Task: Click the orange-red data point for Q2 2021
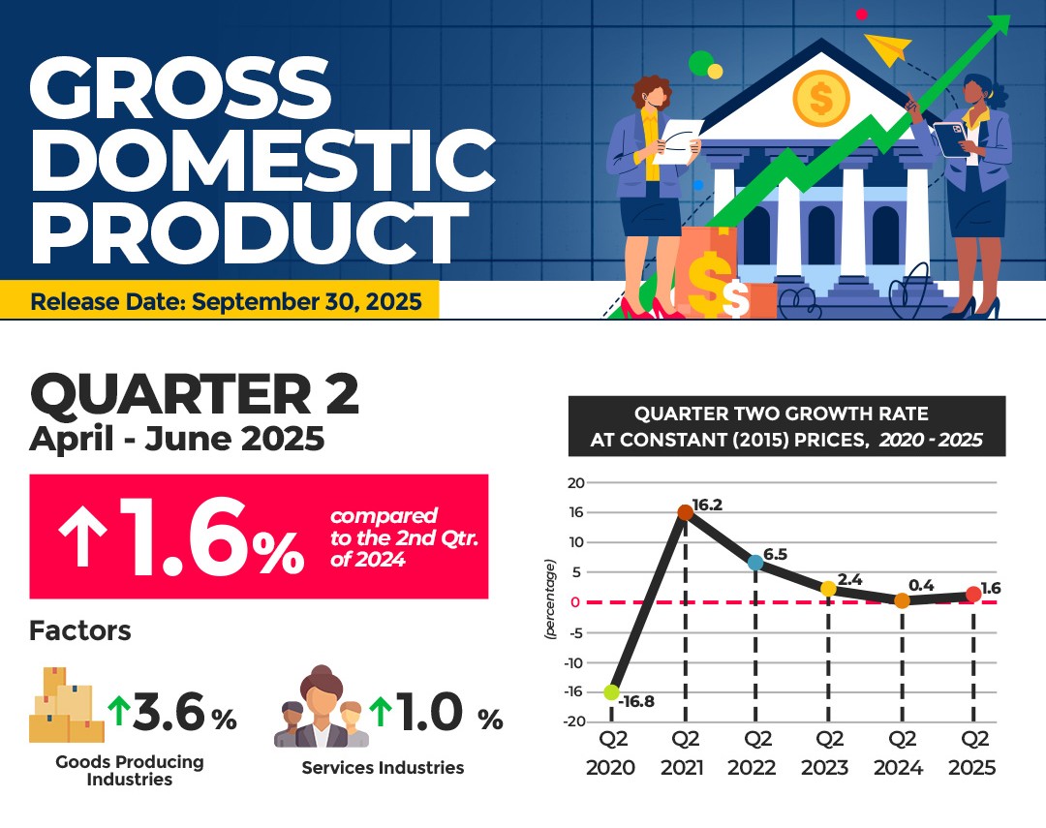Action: pos(685,512)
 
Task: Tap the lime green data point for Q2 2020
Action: pos(612,691)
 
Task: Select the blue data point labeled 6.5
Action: pos(755,563)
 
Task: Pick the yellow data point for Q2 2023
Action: pos(828,589)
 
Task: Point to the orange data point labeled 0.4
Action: pos(902,600)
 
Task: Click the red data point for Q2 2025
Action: pos(973,594)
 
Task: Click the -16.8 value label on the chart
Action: pos(636,702)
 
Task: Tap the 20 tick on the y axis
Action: pos(575,482)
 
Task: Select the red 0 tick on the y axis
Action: pos(575,602)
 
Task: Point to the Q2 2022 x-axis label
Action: pos(753,753)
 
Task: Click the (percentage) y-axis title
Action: pos(550,599)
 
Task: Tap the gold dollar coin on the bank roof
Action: pos(820,99)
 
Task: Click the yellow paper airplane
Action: pos(888,48)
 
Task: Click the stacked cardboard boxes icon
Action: pos(66,705)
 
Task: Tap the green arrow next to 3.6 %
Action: pos(119,711)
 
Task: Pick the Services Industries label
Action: pos(383,768)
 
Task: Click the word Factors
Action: pos(80,630)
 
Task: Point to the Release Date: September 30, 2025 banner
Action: pos(220,300)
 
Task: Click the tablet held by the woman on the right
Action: pos(951,138)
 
